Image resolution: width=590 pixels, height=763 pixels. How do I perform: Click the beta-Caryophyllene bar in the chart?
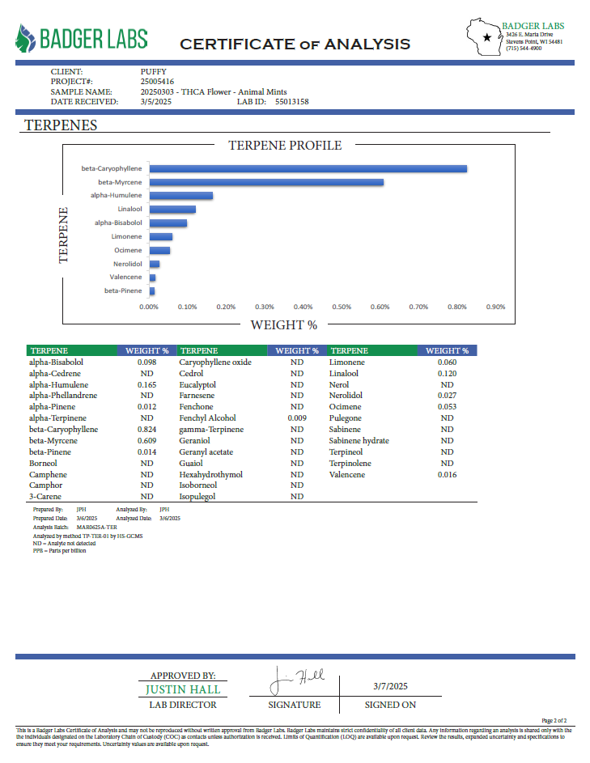click(x=308, y=168)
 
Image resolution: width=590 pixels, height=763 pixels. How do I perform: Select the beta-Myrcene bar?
click(x=266, y=182)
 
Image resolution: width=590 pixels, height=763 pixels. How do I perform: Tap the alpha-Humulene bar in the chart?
click(x=180, y=196)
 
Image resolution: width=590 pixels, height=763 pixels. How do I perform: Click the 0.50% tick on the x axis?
click(x=342, y=307)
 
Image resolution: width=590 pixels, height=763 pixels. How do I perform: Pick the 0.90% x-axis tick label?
click(x=495, y=307)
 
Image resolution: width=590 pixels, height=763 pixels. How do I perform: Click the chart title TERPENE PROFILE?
click(x=285, y=146)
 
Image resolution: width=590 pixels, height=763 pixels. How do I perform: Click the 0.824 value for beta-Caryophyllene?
click(x=146, y=429)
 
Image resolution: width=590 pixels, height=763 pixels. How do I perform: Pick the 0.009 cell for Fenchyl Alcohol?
click(x=297, y=418)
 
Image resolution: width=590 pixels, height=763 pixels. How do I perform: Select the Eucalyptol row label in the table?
click(x=197, y=384)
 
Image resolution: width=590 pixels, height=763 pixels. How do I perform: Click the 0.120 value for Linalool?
click(x=447, y=373)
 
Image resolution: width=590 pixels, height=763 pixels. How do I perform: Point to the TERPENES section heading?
click(x=61, y=125)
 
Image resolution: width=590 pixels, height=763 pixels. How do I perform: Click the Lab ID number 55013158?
click(x=292, y=102)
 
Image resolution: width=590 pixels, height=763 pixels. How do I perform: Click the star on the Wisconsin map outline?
click(x=487, y=37)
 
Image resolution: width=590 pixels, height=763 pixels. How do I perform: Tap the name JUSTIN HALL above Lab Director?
click(x=183, y=690)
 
